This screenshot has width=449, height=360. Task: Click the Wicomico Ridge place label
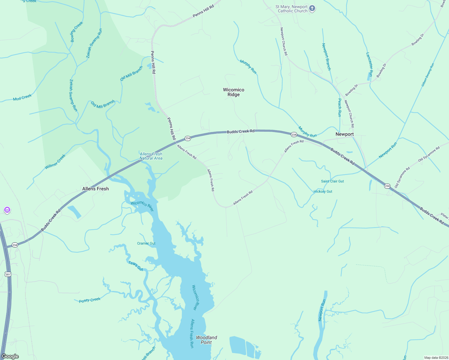click(234, 92)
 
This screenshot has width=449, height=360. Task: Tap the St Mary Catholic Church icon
click(312, 8)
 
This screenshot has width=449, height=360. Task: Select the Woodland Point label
click(206, 340)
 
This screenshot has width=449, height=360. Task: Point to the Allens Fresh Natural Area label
click(151, 156)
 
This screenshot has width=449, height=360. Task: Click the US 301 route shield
click(8, 274)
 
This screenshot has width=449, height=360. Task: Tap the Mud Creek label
click(22, 97)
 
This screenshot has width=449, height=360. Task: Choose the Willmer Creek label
click(55, 162)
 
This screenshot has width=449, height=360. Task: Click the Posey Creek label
click(90, 300)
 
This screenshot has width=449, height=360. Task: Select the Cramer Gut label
click(146, 243)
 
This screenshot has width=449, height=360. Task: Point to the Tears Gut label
click(136, 266)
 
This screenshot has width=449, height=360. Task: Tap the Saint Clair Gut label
click(333, 181)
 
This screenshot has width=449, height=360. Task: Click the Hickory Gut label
click(323, 191)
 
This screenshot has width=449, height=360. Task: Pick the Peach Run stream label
click(339, 107)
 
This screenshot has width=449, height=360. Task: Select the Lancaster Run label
click(369, 64)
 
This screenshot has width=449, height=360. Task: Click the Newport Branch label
click(326, 57)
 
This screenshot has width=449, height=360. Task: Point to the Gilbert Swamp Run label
click(428, 75)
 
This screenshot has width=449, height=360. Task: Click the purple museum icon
click(7, 210)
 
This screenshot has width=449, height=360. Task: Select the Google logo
click(10, 356)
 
